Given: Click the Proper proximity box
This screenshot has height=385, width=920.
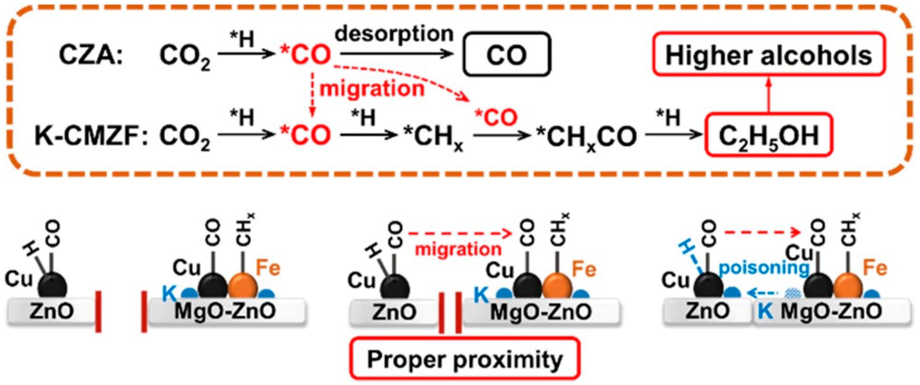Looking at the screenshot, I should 465,359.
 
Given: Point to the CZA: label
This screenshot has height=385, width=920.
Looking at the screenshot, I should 91,55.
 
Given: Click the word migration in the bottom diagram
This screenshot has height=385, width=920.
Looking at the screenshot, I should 458,249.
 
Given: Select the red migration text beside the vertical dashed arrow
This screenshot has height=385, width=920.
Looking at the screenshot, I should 371,88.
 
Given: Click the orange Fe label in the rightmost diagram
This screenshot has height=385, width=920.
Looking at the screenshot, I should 875,268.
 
